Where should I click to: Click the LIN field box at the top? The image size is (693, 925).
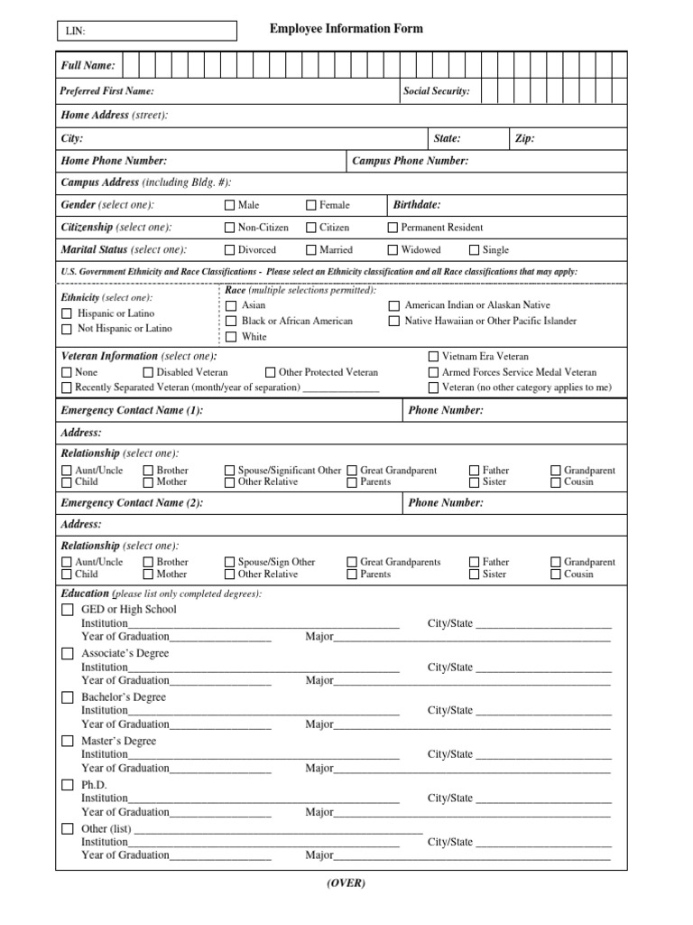(x=145, y=31)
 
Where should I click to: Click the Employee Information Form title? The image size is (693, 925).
(x=346, y=29)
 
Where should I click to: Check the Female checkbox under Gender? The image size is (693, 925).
(x=311, y=205)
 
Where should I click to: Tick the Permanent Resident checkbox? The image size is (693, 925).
(x=393, y=228)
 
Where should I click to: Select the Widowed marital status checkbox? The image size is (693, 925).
(x=393, y=250)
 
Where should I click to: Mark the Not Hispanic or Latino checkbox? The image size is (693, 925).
(x=67, y=329)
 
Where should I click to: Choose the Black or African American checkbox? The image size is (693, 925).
(x=231, y=321)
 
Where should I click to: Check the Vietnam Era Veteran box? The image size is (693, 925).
(x=434, y=357)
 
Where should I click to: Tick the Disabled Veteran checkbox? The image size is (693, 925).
(x=148, y=372)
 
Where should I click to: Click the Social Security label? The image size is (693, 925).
(x=436, y=91)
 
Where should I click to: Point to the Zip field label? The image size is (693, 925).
(x=524, y=138)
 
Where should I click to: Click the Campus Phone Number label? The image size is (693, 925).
(x=410, y=161)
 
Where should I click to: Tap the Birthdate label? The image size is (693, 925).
(x=417, y=205)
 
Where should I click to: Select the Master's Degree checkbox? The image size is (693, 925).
(x=68, y=741)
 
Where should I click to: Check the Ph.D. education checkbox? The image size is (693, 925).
(x=68, y=785)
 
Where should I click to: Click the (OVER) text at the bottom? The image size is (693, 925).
(x=346, y=883)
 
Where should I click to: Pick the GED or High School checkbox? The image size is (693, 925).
(x=68, y=610)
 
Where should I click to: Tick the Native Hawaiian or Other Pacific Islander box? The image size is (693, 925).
(x=393, y=321)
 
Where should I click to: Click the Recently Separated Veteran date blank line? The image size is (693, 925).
(x=340, y=388)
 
